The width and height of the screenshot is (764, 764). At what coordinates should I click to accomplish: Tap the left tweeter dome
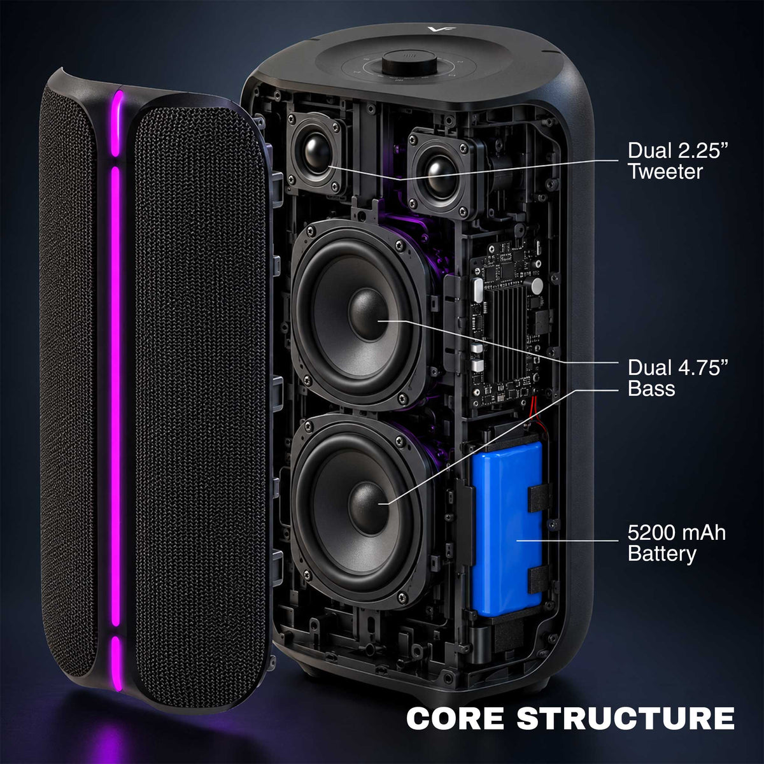tap(317, 154)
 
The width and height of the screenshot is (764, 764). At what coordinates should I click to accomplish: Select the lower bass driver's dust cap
tap(368, 503)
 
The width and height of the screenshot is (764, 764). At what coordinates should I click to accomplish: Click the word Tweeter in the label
tap(665, 171)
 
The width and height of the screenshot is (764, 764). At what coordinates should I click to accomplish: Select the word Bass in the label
tap(651, 388)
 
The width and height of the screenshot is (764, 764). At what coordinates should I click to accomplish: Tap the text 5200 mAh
tap(676, 533)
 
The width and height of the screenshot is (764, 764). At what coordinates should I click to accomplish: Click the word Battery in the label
tap(661, 554)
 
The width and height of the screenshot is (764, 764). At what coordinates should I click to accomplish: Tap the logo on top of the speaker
tap(435, 29)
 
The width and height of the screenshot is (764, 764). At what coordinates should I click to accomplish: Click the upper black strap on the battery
tap(539, 497)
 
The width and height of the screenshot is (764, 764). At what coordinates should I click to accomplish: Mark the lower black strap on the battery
tap(539, 579)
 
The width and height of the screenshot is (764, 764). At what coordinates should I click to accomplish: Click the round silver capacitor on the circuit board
tap(537, 285)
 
